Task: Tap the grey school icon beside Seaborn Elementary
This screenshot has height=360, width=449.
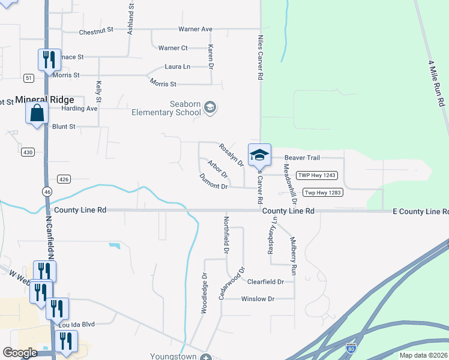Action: [209, 108]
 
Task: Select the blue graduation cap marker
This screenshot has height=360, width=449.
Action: [259, 155]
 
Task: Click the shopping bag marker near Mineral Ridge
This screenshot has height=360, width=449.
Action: [37, 112]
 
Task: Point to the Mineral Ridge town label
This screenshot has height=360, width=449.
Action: [44, 100]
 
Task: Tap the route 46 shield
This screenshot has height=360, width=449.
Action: [47, 191]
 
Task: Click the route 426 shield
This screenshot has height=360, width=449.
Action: [64, 179]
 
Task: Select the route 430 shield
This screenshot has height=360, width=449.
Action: [28, 152]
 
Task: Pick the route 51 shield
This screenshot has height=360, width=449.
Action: [29, 78]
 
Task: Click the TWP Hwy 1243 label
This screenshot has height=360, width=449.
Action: [317, 175]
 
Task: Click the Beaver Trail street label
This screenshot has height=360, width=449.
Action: [302, 157]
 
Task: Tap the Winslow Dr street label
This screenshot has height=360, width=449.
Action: [258, 299]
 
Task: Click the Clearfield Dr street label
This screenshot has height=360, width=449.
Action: [265, 281]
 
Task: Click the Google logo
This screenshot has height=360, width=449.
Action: [20, 353]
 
